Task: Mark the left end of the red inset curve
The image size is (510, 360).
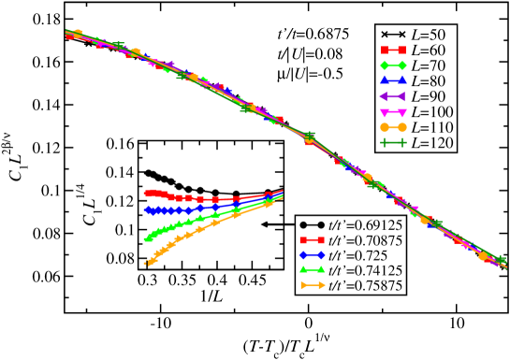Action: pos(146,193)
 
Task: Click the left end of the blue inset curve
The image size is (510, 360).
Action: pos(146,211)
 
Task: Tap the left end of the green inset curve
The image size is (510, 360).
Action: pos(146,239)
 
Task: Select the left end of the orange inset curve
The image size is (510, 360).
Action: pos(146,264)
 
